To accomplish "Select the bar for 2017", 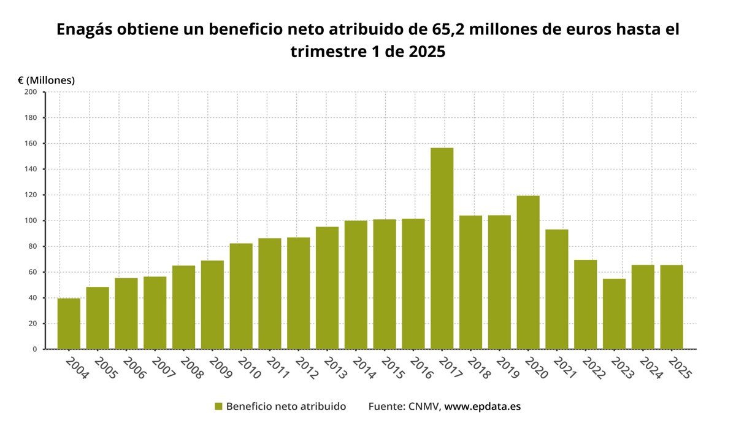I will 442,249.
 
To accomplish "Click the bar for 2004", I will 69,324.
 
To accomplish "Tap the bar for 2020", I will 528,273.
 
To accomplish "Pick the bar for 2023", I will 614,314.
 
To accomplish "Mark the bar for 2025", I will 672,307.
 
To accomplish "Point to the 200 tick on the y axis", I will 31,92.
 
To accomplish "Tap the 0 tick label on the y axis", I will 34,349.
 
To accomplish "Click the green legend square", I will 218,407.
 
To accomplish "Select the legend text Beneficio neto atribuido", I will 286,407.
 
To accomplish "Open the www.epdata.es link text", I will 482,407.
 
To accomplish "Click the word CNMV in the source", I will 424,407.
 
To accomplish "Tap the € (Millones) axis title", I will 46,80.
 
